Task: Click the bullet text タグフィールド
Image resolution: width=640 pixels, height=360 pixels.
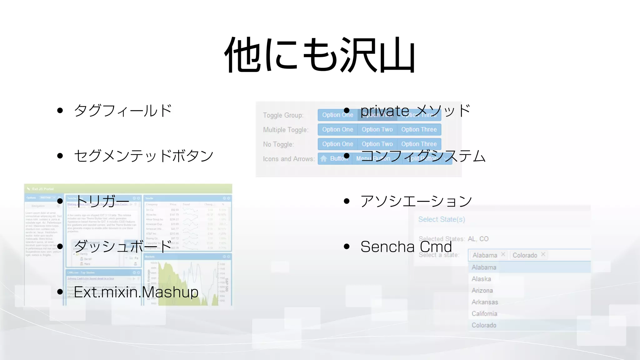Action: pos(123,111)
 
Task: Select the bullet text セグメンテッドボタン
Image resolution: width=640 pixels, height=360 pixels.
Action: pos(144,156)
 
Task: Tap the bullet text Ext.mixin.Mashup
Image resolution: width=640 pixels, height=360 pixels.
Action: pos(136,292)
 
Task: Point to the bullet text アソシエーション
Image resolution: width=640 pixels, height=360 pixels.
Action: pos(416,201)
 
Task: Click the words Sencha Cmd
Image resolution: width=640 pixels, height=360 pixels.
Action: pos(406,247)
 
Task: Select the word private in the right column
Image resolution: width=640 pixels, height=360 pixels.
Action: pos(385,111)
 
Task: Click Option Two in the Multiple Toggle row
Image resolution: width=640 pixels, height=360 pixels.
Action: pos(377,129)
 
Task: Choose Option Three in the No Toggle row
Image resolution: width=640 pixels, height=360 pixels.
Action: pos(419,144)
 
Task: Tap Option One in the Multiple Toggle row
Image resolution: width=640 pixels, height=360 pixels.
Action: pos(337,129)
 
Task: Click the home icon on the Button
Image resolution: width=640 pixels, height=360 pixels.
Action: pos(324,159)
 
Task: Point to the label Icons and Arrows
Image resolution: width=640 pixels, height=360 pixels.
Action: pos(288,159)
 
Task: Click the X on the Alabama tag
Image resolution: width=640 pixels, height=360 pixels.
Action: pos(503,254)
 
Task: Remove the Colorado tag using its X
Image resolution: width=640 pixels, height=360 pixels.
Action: pos(543,254)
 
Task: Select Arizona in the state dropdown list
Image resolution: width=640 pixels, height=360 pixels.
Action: pos(482,291)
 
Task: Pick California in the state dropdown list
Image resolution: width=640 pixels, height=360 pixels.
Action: pos(484,314)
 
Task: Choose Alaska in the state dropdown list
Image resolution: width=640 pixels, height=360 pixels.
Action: pos(481,279)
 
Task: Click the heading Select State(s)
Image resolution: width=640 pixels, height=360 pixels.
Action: pos(442,219)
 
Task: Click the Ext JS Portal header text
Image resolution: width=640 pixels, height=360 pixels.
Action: pos(43,189)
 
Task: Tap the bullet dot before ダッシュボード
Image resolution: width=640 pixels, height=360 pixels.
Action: pos(60,247)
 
